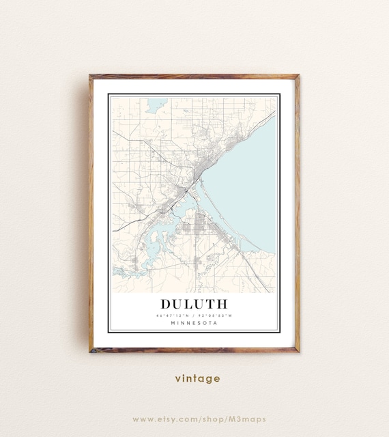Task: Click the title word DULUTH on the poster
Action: coord(194,303)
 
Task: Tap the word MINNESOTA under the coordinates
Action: coord(194,323)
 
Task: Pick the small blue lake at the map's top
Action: coord(155,106)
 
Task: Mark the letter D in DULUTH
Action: coord(167,303)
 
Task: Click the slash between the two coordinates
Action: coord(194,315)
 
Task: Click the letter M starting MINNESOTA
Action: coord(173,323)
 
